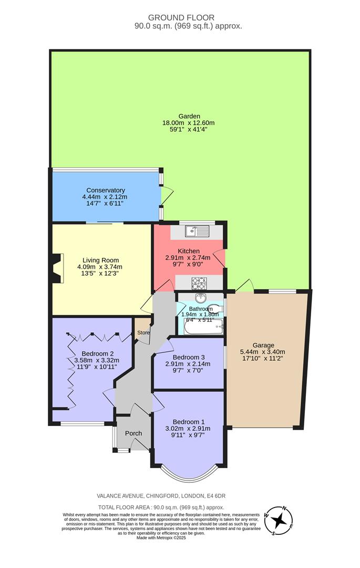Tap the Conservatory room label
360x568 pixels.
[x=105, y=190]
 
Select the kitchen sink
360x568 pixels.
[x=196, y=230]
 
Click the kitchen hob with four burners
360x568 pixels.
[x=198, y=282]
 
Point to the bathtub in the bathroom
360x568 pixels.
[x=204, y=329]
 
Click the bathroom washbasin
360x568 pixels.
[x=200, y=298]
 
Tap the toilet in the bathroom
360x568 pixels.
[x=218, y=308]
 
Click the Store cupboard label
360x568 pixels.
[x=143, y=332]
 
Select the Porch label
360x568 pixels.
[x=133, y=433]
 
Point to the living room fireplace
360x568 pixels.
[x=57, y=268]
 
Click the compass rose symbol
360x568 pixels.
[x=279, y=521]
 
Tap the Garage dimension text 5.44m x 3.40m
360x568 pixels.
[x=263, y=352]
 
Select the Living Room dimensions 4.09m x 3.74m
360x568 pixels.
[x=100, y=267]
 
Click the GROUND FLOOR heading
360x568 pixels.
[x=181, y=17]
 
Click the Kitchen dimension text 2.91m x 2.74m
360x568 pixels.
[x=188, y=258]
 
